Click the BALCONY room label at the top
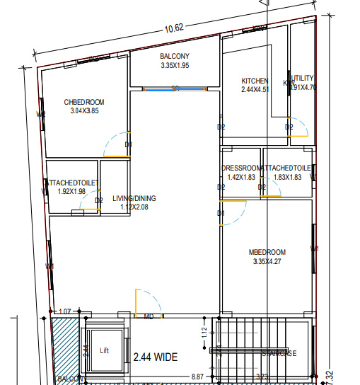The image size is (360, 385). [x=175, y=56]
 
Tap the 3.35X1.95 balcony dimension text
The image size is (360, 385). [x=175, y=65]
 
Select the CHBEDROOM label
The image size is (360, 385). [x=83, y=103]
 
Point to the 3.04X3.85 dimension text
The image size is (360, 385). [x=83, y=111]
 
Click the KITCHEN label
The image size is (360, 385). [x=255, y=81]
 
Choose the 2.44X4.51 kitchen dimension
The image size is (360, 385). [x=255, y=90]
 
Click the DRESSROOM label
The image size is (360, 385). [x=242, y=168]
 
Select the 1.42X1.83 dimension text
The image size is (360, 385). [x=242, y=177]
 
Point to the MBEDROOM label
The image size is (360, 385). [x=267, y=253]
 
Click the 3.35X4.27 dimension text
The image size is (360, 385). [x=267, y=262]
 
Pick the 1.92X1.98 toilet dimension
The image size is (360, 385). [x=71, y=191]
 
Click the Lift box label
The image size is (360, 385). [x=105, y=350]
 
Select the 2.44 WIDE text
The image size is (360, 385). [x=156, y=357]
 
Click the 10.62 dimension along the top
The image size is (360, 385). [x=174, y=28]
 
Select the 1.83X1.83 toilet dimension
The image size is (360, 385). [x=287, y=177]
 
